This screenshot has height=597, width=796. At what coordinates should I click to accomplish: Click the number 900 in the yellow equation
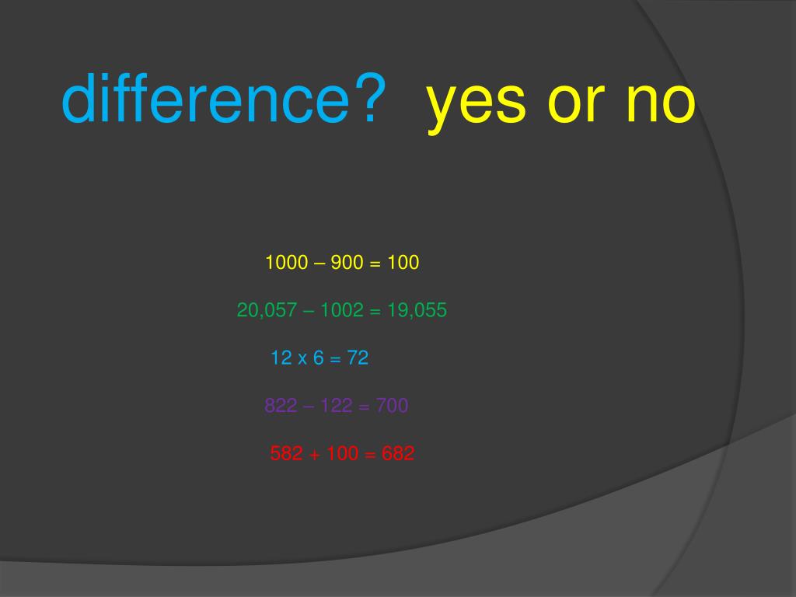pos(347,263)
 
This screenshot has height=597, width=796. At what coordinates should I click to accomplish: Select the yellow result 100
pos(403,263)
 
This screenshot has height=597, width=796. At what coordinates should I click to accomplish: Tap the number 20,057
pos(267,311)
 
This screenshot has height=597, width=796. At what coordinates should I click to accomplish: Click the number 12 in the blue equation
pos(280,358)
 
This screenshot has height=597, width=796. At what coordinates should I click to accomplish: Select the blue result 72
pos(358,358)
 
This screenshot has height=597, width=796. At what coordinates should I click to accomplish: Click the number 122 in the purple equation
pos(337,406)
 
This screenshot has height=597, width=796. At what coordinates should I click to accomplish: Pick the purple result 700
pos(392,406)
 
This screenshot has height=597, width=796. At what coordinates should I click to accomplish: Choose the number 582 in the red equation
pos(286,454)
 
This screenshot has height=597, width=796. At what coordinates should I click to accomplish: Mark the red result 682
pos(398,454)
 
